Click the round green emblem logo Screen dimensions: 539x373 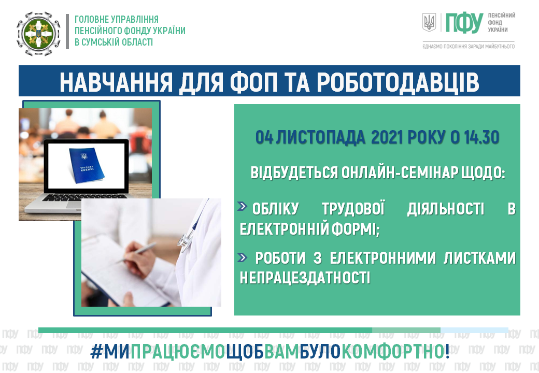click(x=38, y=34)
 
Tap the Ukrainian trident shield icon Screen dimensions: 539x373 click(x=429, y=22)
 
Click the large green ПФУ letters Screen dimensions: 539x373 click(x=464, y=23)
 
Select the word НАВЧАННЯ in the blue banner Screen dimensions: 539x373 click(x=116, y=82)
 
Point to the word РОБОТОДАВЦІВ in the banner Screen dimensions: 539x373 click(x=398, y=82)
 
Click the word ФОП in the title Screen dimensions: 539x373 click(x=253, y=82)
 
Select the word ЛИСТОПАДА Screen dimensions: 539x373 click(x=320, y=138)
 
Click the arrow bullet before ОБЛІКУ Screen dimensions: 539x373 click(x=243, y=206)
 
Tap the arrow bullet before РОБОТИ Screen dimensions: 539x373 click(x=243, y=257)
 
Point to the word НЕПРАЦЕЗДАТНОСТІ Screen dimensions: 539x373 click(x=305, y=278)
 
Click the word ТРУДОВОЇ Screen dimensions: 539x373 click(x=353, y=208)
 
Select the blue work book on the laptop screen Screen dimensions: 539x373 click(x=87, y=165)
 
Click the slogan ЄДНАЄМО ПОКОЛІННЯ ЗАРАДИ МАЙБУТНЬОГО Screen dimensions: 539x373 click(x=469, y=47)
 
